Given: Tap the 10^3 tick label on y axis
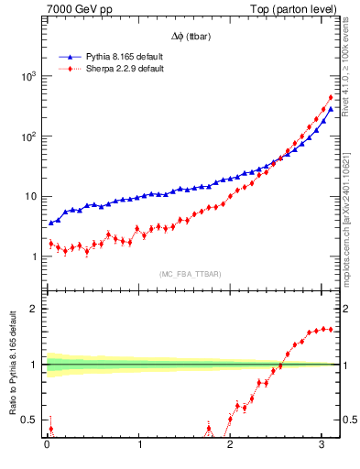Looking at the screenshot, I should click(26, 77).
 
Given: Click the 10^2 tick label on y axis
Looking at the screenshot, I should click(26, 136).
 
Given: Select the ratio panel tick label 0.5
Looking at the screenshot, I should click(29, 420).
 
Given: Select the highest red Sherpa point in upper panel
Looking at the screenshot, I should click(330, 98).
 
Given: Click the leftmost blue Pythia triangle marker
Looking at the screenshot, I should click(51, 223).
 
